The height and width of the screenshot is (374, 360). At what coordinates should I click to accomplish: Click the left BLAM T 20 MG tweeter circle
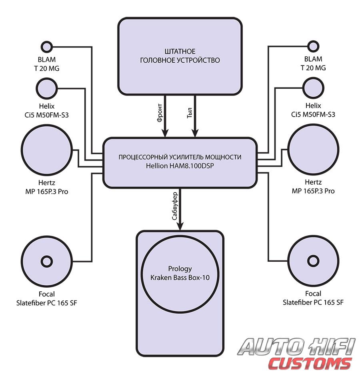pyautogui.click(x=47, y=47)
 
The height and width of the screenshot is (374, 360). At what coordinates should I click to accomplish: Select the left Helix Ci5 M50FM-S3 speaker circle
pyautogui.click(x=47, y=87)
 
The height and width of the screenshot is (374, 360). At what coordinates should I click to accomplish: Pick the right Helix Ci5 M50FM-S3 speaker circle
pyautogui.click(x=313, y=87)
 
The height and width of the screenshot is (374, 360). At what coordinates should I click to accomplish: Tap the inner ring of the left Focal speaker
pyautogui.click(x=46, y=262)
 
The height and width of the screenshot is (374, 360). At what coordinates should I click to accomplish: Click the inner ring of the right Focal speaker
pyautogui.click(x=313, y=262)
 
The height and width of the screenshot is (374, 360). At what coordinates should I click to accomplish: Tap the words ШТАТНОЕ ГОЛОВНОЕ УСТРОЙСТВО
pyautogui.click(x=180, y=56)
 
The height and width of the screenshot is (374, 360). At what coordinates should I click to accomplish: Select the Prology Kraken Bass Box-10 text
pyautogui.click(x=180, y=273)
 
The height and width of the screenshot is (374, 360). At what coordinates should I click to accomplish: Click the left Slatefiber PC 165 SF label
pyautogui.click(x=46, y=302)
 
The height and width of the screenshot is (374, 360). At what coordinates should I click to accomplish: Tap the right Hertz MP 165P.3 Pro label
pyautogui.click(x=313, y=187)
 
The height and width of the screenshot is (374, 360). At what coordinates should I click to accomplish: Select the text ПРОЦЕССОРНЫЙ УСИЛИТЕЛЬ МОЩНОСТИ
pyautogui.click(x=180, y=157)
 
